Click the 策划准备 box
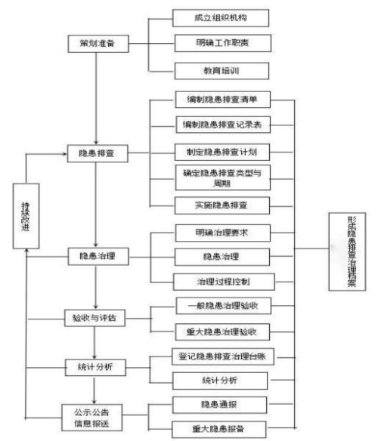point(98,43)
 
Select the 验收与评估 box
point(97,318)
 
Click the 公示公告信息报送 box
point(96,417)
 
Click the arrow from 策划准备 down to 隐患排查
point(98,98)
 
